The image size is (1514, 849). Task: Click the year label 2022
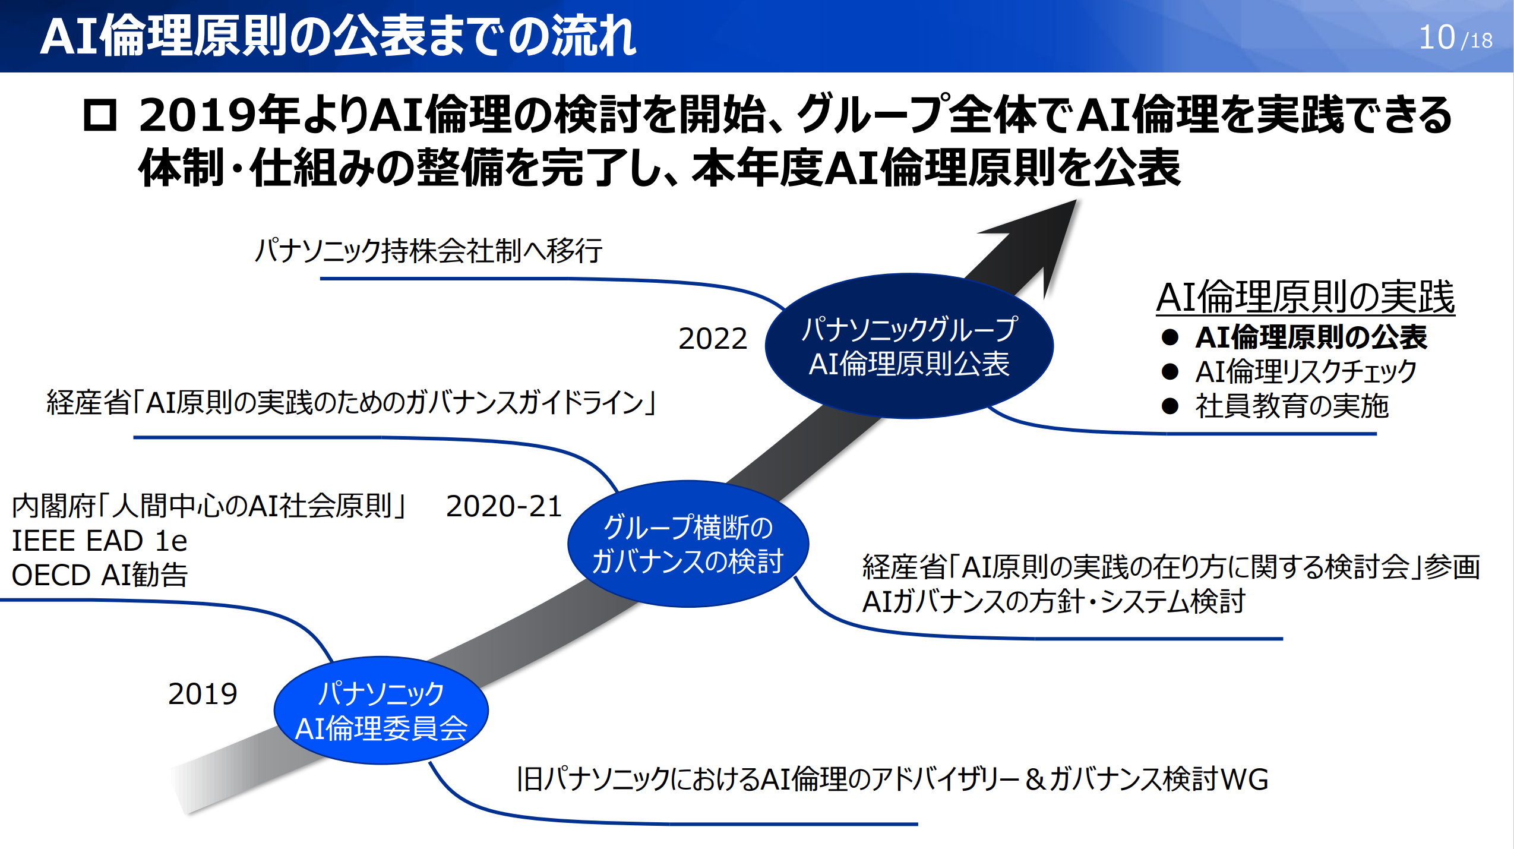[x=712, y=339]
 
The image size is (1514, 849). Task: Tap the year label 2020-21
[x=504, y=507]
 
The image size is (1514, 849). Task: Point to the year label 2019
[x=203, y=694]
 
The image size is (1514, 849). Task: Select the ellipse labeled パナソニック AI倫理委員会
[x=381, y=710]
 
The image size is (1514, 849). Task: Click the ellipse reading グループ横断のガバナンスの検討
[x=688, y=544]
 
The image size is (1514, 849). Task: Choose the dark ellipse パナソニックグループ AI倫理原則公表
[x=909, y=346]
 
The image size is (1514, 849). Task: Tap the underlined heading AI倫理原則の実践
[x=1305, y=296]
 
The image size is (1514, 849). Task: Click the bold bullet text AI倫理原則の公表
[x=1310, y=337]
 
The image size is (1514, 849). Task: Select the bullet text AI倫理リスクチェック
[x=1305, y=372]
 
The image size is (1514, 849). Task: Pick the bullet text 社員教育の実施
[x=1291, y=406]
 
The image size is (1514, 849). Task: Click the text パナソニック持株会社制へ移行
[x=428, y=251]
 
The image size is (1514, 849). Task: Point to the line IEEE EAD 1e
[x=99, y=541]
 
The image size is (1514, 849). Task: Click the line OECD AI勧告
[x=99, y=575]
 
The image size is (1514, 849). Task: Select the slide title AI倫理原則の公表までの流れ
[x=338, y=36]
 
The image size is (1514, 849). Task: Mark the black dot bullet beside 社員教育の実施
[x=1170, y=406]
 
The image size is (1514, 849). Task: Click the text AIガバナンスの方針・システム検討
[x=1052, y=601]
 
